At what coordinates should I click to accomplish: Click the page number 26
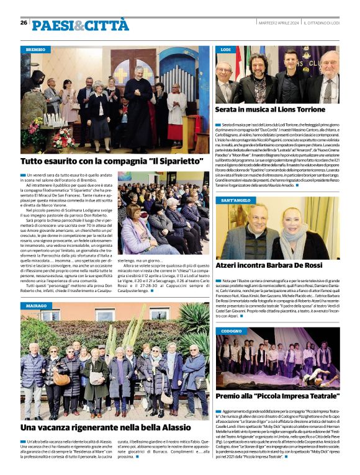pos(24,22)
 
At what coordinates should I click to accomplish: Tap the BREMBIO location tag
pos(37,49)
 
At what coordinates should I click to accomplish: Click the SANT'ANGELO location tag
pos(236,200)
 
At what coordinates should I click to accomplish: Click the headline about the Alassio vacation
pos(106,428)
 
